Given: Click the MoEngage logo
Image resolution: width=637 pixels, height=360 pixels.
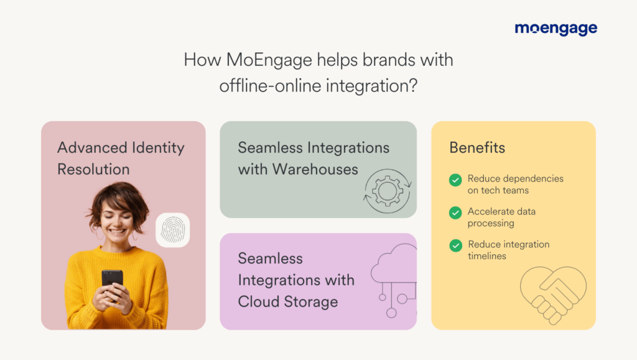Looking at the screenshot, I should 556,29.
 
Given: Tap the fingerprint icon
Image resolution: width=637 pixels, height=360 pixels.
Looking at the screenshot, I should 172,230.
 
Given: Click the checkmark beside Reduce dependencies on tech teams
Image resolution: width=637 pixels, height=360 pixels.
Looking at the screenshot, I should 455,180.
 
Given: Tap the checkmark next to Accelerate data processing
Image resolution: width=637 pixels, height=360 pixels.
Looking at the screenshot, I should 455,213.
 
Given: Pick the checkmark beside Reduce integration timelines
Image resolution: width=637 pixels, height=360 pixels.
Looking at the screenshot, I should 455,246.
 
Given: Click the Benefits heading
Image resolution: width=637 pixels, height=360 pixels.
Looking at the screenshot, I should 477,148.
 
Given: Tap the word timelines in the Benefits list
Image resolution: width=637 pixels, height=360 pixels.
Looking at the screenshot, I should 488,256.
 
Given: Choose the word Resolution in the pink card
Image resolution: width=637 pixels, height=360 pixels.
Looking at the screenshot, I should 93,169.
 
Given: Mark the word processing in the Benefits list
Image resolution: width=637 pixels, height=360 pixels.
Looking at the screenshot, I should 491,223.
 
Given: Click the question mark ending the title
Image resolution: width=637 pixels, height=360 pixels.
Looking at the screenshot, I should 412,86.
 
